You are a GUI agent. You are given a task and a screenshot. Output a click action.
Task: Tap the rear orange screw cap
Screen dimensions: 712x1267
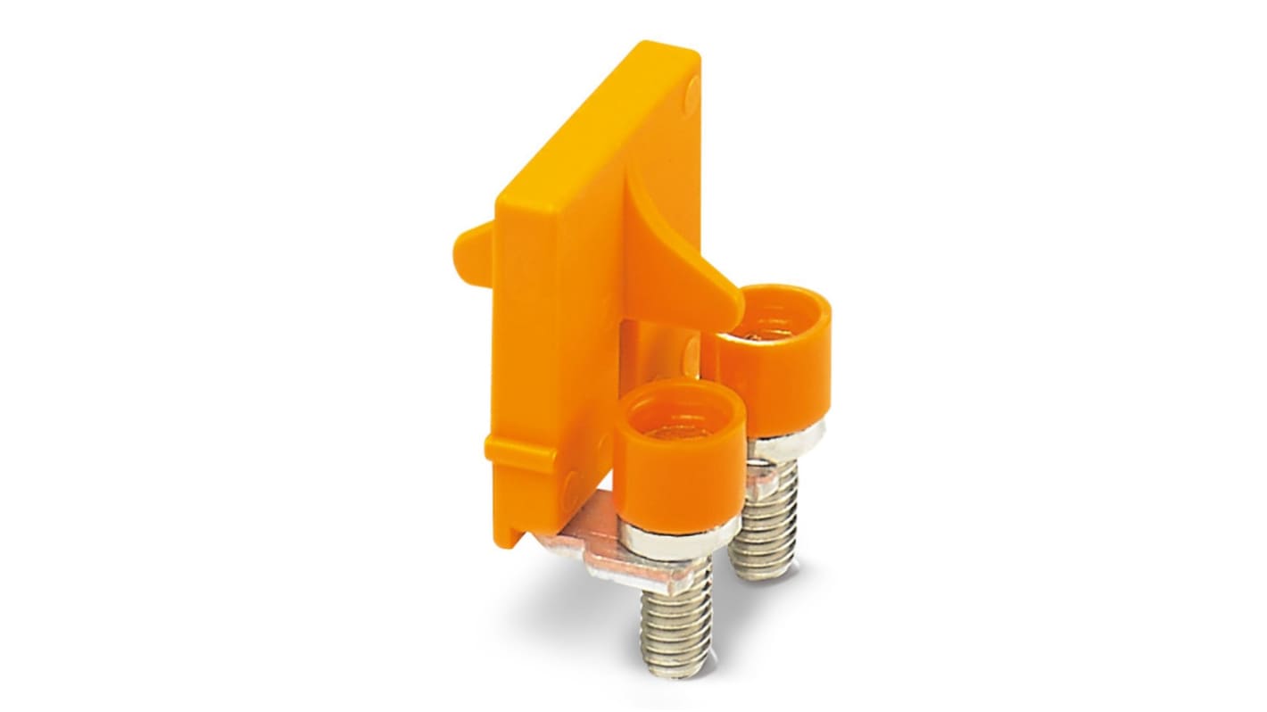[773, 375]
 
